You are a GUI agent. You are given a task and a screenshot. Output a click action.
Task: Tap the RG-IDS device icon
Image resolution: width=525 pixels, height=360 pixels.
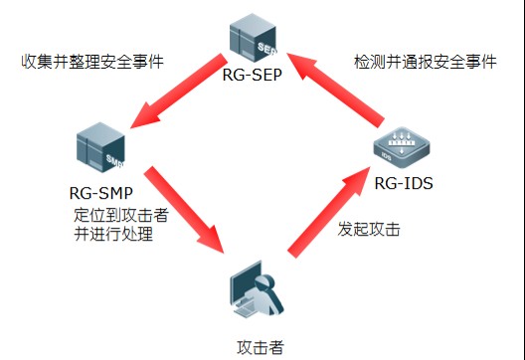406,147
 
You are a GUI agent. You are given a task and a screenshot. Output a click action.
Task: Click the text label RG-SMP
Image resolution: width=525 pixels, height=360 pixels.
103,194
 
